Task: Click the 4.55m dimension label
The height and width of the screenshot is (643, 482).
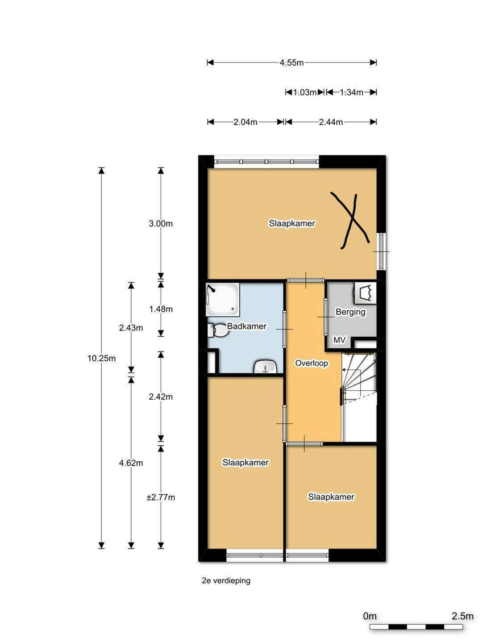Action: coord(291,63)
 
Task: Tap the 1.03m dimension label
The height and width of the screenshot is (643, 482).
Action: coord(305,92)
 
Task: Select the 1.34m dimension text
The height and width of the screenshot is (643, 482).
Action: coord(351,92)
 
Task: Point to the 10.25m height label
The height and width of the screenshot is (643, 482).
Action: coord(101,358)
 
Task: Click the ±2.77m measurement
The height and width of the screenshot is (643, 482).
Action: coord(161,497)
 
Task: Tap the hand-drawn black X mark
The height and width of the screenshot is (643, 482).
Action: coord(350,220)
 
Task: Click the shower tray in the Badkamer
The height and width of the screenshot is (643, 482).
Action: coord(223,298)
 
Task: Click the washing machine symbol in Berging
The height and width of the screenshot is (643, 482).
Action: coord(365,293)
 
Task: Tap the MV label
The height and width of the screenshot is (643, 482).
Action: coord(339,340)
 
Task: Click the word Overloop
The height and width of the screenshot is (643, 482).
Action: coord(312,363)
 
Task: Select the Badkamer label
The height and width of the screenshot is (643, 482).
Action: coord(247,326)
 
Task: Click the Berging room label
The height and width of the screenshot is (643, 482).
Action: coord(350,312)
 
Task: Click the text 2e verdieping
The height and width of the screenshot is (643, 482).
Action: coord(226,580)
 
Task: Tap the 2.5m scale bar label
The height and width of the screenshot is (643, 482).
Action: coord(462,616)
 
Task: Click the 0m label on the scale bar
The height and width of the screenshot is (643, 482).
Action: coord(370,616)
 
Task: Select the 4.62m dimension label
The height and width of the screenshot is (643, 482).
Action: coord(131,463)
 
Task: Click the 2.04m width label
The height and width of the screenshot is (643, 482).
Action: coord(245,122)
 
